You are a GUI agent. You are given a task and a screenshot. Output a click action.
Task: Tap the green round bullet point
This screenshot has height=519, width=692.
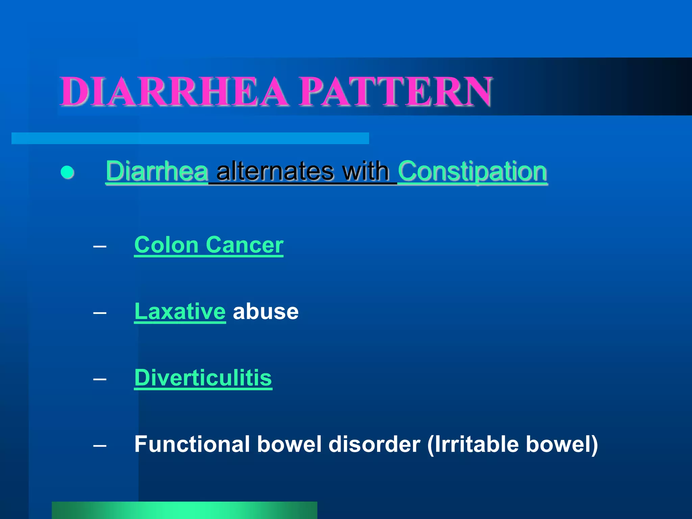[x=67, y=172]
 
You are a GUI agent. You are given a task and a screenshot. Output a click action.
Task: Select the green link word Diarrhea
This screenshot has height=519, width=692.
[x=157, y=171]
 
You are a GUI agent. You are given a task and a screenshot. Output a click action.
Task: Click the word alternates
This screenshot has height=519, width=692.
[x=275, y=171]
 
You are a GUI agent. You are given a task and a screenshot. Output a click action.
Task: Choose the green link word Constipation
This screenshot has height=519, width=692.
[x=472, y=172]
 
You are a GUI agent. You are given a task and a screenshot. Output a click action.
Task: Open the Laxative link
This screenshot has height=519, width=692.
[x=180, y=311]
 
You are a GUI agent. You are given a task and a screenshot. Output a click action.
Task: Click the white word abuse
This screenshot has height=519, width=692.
[x=266, y=311]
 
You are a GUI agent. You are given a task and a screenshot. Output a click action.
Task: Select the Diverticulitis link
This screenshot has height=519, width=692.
[x=203, y=377]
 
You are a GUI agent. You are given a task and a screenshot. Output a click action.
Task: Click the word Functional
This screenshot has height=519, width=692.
[x=192, y=444]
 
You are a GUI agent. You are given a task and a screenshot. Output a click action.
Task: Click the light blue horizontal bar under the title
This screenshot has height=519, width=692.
[x=190, y=138]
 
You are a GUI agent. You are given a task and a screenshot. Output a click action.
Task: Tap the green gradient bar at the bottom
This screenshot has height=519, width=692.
[x=184, y=510]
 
